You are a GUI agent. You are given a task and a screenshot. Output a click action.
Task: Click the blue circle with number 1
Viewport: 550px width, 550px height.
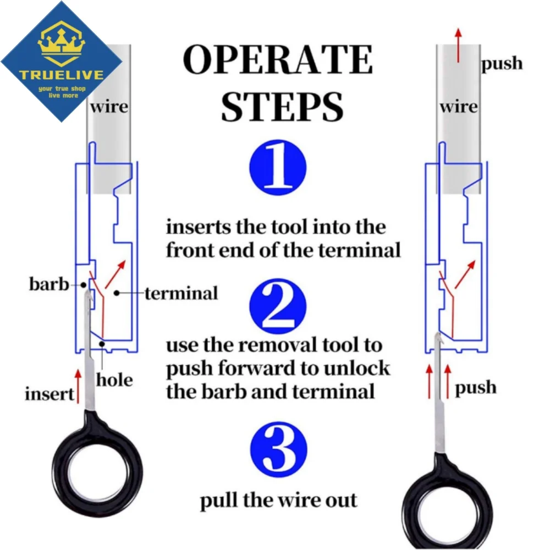(x=278, y=167)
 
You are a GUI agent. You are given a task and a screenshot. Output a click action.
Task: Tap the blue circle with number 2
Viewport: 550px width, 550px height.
(x=278, y=306)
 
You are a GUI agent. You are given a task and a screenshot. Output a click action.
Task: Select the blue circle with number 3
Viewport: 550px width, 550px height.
(x=278, y=449)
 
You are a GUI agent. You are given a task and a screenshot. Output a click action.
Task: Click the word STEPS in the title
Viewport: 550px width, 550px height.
(x=282, y=107)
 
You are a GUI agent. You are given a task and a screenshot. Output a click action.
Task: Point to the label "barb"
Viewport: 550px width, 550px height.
(x=49, y=284)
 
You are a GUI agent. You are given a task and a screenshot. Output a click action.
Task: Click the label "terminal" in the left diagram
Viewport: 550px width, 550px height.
(x=182, y=293)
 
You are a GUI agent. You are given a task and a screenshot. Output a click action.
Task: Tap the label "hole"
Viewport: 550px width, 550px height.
(x=115, y=380)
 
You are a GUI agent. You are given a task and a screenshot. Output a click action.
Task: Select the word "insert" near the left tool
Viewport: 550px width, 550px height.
(x=50, y=394)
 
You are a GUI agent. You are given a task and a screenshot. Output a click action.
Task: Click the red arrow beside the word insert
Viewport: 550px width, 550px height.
(x=78, y=386)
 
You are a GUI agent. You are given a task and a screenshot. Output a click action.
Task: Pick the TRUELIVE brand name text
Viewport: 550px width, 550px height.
(x=62, y=75)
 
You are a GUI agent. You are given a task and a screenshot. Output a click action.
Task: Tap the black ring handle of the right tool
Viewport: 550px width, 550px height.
(x=447, y=505)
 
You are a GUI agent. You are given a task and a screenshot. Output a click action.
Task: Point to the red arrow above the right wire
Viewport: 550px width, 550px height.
(x=458, y=46)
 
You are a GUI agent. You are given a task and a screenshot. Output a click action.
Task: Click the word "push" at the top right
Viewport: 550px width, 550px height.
(x=502, y=64)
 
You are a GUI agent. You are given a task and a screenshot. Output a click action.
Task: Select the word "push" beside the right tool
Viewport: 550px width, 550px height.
(x=476, y=388)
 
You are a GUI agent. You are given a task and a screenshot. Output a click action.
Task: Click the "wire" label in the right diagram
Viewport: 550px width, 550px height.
(x=459, y=106)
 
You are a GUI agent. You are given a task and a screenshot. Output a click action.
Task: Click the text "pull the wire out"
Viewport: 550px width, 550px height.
(x=278, y=501)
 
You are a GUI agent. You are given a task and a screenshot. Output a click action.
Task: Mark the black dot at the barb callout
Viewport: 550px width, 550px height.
(x=84, y=285)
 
